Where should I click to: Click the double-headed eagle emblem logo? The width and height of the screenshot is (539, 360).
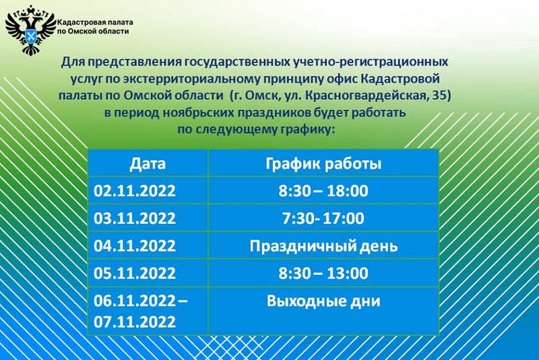pyautogui.click(x=30, y=30)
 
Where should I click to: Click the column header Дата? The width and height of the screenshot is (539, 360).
pyautogui.click(x=148, y=164)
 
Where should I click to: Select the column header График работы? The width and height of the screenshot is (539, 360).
pyautogui.click(x=323, y=164)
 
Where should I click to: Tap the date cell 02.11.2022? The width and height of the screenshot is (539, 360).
pyautogui.click(x=135, y=191)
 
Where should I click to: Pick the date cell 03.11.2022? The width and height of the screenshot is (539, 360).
pyautogui.click(x=135, y=218)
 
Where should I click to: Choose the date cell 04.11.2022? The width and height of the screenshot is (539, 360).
pyautogui.click(x=135, y=246)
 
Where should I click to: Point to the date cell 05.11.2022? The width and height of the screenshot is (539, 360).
pyautogui.click(x=135, y=273)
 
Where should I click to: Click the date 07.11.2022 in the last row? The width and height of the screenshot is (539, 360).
pyautogui.click(x=135, y=322)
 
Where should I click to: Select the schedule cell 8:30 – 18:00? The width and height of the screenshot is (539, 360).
pyautogui.click(x=323, y=191)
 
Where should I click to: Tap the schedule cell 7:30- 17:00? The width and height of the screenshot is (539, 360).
pyautogui.click(x=323, y=218)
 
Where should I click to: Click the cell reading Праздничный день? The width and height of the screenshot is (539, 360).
pyautogui.click(x=323, y=246)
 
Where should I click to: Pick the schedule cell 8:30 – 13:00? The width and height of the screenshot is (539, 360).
pyautogui.click(x=323, y=273)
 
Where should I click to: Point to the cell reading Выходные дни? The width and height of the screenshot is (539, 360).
pyautogui.click(x=323, y=301)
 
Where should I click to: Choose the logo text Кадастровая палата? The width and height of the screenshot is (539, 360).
pyautogui.click(x=95, y=23)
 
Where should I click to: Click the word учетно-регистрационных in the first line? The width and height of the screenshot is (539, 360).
pyautogui.click(x=371, y=62)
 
